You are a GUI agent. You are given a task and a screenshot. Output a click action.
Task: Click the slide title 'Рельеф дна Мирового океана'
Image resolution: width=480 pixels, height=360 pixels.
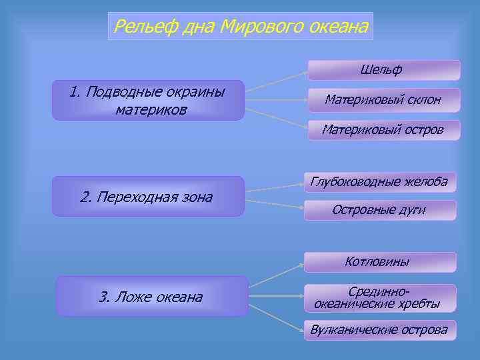tap(241, 27)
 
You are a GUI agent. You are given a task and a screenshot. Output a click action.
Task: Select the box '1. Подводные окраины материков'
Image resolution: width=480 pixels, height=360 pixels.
tap(148, 101)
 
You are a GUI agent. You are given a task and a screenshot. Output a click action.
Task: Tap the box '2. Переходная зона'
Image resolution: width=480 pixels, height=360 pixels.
tap(148, 197)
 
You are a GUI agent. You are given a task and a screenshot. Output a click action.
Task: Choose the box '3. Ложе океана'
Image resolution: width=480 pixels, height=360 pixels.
tap(151, 296)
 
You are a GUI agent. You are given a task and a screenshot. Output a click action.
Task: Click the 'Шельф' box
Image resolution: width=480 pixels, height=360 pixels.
tap(383, 70)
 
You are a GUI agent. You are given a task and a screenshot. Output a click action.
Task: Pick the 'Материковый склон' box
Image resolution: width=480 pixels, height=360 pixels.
tap(383, 100)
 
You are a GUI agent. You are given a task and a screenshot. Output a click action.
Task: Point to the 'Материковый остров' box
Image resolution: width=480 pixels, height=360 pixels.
tap(383, 130)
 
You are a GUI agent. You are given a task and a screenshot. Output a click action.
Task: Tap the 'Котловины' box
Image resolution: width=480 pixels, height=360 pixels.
tap(380, 262)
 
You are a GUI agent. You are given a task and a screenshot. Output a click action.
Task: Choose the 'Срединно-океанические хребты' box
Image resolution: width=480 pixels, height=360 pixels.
tap(380, 298)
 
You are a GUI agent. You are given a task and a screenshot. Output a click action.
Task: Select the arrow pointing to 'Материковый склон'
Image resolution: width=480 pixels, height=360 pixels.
tap(276, 101)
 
